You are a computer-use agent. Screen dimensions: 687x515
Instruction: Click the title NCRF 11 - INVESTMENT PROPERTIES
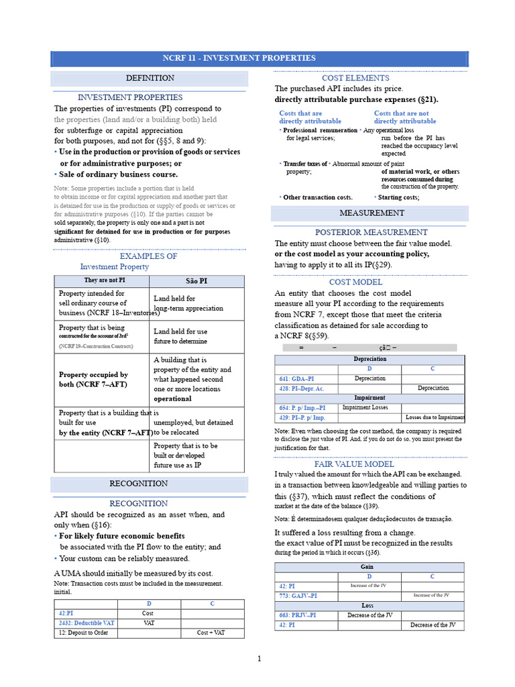click(x=258, y=58)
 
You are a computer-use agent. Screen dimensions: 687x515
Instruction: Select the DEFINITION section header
click(x=150, y=78)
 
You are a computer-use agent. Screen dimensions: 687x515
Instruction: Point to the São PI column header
click(x=196, y=280)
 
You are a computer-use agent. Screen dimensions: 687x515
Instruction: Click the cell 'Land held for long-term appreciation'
click(x=188, y=303)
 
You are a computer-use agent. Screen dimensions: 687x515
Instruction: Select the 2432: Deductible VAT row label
click(x=87, y=623)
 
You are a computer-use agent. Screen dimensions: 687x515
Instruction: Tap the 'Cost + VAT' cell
click(x=211, y=632)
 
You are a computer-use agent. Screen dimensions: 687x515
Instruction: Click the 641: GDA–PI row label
click(x=296, y=379)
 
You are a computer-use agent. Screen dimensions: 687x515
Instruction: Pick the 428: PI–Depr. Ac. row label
click(x=302, y=388)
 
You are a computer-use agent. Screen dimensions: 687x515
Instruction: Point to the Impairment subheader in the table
click(x=369, y=398)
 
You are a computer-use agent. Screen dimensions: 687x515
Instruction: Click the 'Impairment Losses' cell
click(x=365, y=407)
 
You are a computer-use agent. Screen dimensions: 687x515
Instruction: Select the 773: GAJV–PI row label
click(x=298, y=596)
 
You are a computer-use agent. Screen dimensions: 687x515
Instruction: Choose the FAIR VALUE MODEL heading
click(x=354, y=464)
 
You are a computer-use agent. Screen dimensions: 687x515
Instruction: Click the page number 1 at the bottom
click(x=259, y=659)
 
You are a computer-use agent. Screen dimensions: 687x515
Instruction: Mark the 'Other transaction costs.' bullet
click(x=317, y=197)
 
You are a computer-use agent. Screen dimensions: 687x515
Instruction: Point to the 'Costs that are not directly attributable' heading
click(x=404, y=117)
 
